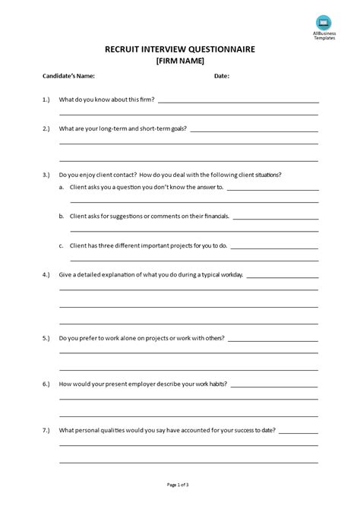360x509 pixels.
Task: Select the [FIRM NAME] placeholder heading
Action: [x=180, y=61]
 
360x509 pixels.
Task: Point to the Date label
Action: [x=221, y=76]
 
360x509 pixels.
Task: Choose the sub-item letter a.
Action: [x=61, y=187]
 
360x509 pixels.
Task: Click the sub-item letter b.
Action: [x=61, y=217]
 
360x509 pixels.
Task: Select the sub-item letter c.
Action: [x=61, y=246]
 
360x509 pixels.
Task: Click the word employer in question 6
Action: [x=131, y=384]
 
